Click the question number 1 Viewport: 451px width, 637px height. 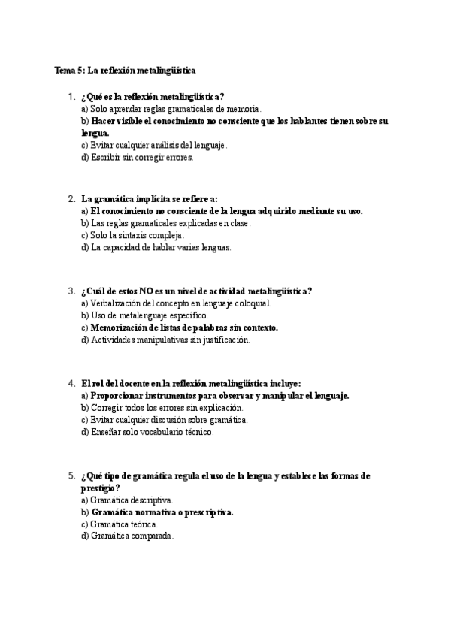[71, 97]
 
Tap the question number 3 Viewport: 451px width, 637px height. [71, 291]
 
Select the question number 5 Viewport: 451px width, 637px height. [71, 475]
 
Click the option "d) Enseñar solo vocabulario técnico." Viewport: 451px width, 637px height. [147, 432]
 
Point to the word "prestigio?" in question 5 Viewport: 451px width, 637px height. [101, 488]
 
